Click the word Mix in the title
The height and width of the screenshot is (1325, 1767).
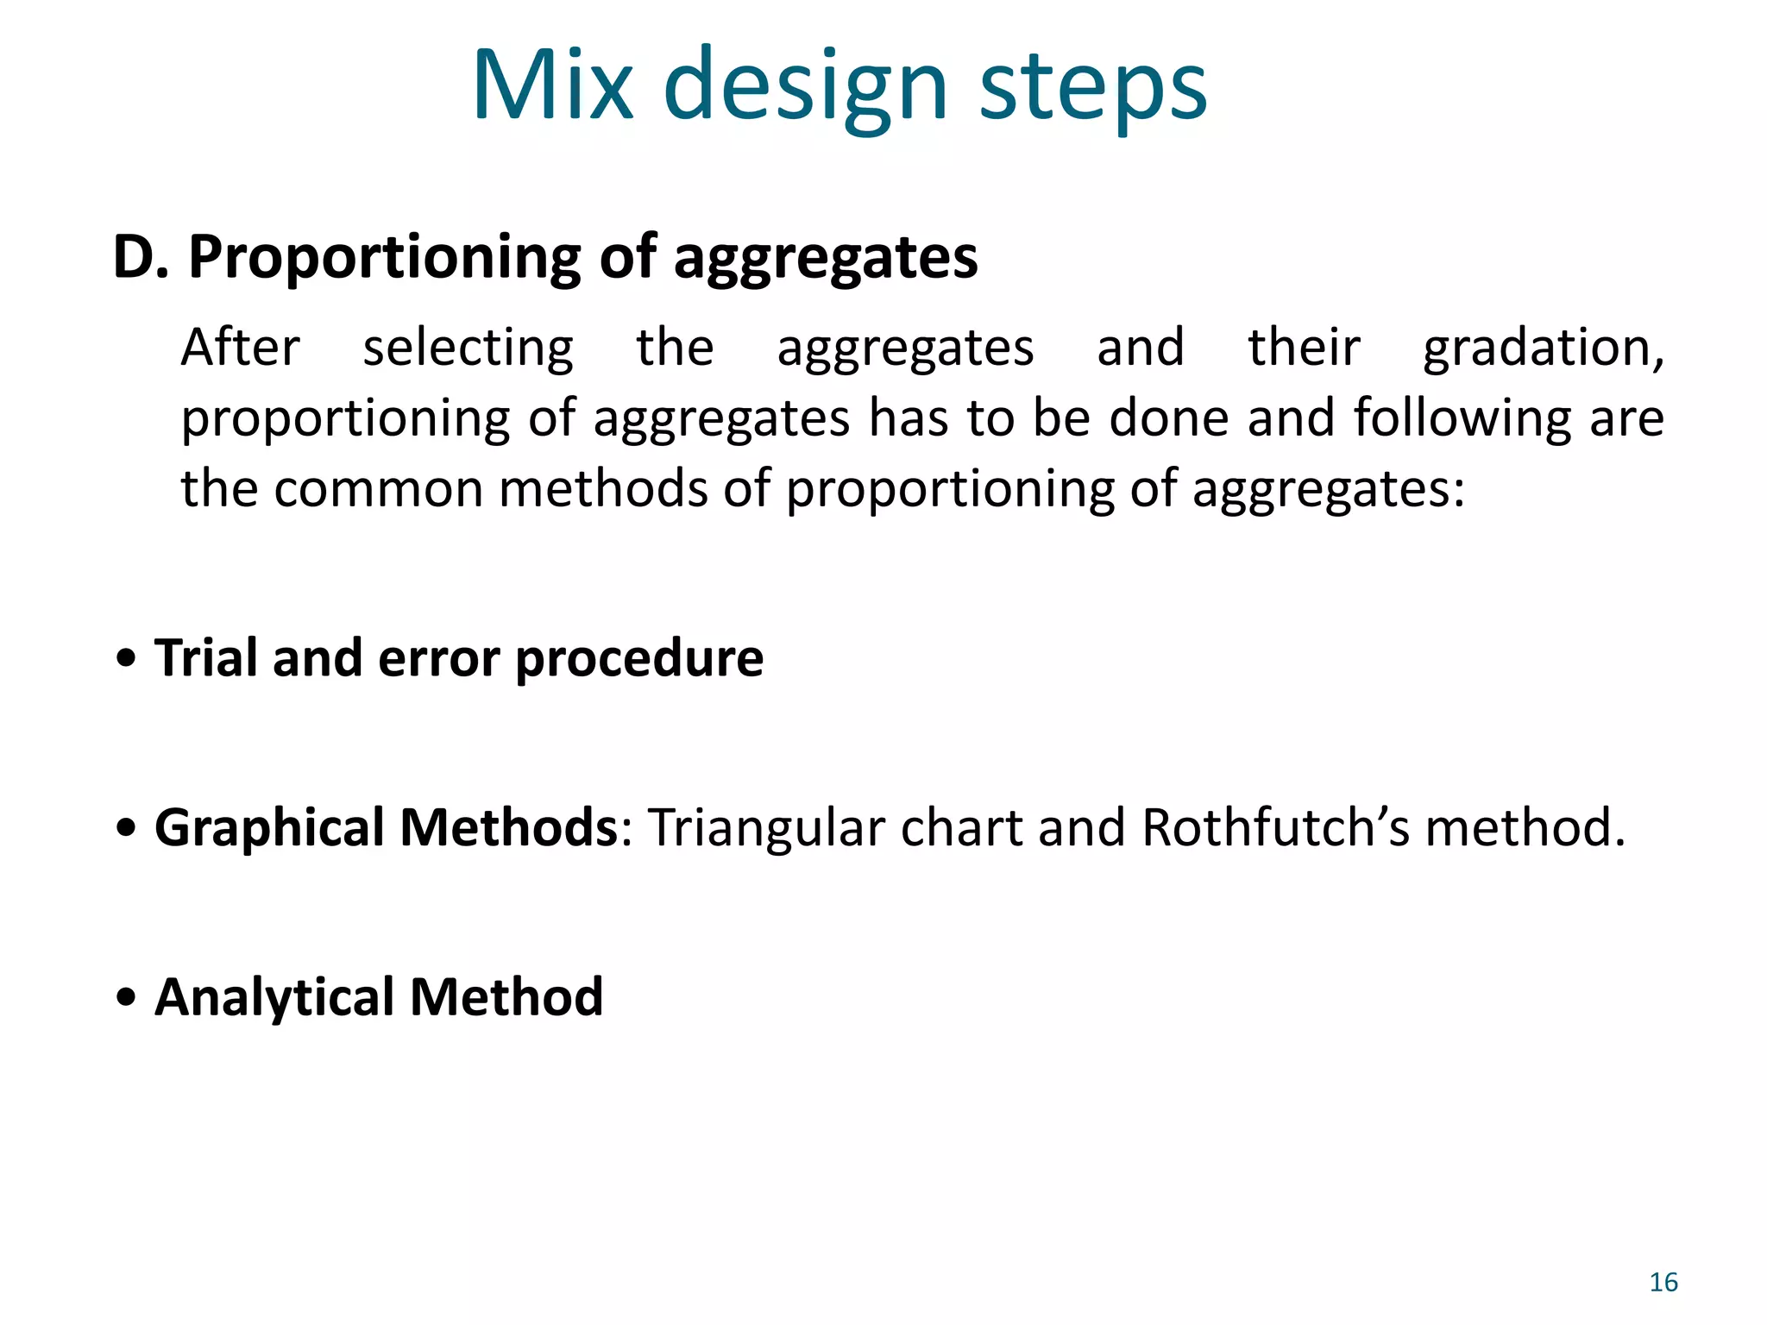tap(552, 86)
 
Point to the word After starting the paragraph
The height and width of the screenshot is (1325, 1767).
tap(240, 348)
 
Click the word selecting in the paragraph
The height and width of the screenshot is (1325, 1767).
tap(468, 349)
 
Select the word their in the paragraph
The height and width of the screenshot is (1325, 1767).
tap(1304, 348)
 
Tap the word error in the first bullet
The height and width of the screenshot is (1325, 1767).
tap(438, 658)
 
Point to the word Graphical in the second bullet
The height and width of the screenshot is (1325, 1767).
tap(269, 829)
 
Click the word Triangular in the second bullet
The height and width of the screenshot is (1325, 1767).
tap(766, 829)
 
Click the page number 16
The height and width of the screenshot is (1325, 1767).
tap(1663, 1283)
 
